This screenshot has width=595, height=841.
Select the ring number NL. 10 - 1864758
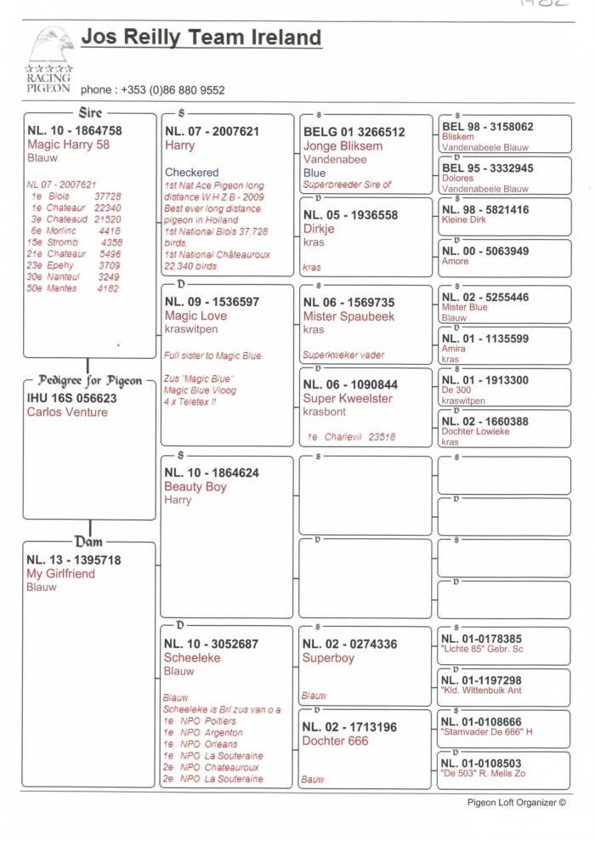click(x=74, y=131)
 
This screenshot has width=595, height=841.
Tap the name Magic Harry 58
click(x=68, y=145)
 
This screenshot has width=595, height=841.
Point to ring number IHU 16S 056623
click(x=71, y=398)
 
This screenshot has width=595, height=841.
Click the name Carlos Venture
click(x=67, y=412)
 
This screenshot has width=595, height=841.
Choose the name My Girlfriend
click(x=60, y=574)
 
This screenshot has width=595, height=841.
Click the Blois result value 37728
click(x=107, y=196)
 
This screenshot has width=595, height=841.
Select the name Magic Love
click(x=195, y=315)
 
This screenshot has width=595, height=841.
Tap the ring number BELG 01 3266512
click(x=354, y=132)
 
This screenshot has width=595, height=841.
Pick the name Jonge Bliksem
click(x=343, y=145)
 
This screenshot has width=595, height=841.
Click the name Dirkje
click(x=319, y=229)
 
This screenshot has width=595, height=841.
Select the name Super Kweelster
click(x=348, y=398)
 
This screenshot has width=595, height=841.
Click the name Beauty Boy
click(x=195, y=487)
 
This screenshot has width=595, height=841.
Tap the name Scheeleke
click(x=191, y=657)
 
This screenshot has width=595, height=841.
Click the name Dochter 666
click(x=336, y=741)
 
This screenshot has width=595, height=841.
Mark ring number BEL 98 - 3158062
click(x=488, y=127)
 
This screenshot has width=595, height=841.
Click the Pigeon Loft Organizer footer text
click(x=516, y=802)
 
